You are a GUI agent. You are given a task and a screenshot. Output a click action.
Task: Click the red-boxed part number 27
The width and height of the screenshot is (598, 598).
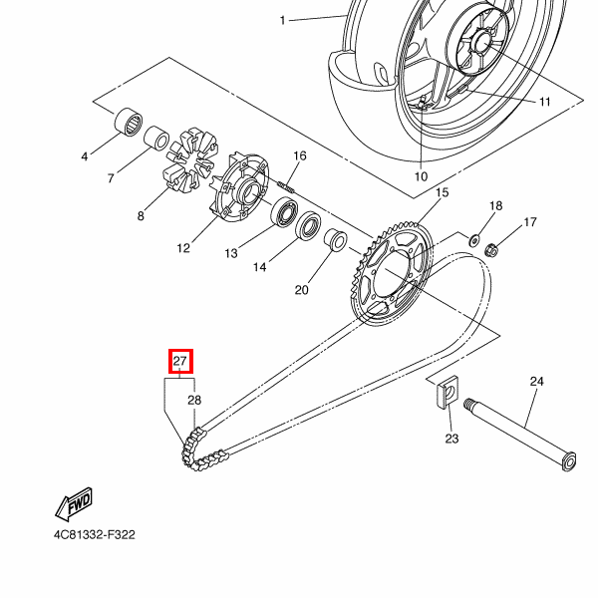pyautogui.click(x=180, y=361)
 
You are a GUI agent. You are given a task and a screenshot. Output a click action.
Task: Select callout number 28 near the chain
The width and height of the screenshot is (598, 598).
pyautogui.click(x=194, y=400)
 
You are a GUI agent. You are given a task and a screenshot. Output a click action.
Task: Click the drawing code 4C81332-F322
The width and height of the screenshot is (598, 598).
pyautogui.click(x=95, y=534)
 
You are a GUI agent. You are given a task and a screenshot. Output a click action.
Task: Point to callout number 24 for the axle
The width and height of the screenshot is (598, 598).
pyautogui.click(x=536, y=382)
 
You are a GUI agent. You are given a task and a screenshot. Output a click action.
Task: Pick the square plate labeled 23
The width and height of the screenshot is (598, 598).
pyautogui.click(x=448, y=396)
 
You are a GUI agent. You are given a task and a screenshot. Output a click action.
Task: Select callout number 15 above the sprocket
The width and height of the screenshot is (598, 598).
pyautogui.click(x=443, y=192)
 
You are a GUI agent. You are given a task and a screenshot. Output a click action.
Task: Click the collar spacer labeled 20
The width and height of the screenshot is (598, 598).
pyautogui.click(x=335, y=242)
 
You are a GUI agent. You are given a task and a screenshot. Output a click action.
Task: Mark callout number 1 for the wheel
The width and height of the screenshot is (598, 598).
pyautogui.click(x=282, y=20)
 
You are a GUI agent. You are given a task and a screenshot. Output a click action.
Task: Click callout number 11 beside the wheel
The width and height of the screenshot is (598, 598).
pyautogui.click(x=545, y=102)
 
